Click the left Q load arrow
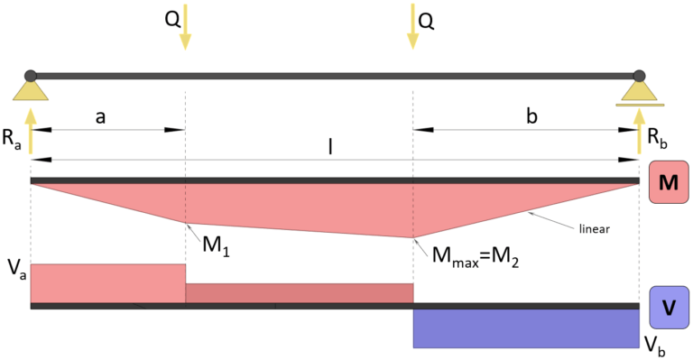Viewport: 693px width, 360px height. click(185, 26)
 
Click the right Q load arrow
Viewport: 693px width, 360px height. click(412, 26)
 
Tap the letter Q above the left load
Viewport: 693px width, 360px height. click(171, 20)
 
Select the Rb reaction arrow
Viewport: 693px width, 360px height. click(640, 127)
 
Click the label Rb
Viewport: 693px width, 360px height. click(658, 137)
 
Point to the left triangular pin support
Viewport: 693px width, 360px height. click(31, 90)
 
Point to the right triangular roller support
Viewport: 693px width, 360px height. click(639, 91)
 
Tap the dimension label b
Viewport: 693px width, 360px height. click(531, 116)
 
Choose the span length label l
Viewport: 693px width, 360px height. click(330, 147)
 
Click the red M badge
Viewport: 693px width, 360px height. click(669, 182)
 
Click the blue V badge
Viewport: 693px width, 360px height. click(669, 306)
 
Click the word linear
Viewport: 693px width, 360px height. click(593, 229)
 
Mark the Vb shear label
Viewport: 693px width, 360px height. click(655, 344)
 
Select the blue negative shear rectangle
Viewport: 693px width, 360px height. click(526, 328)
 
